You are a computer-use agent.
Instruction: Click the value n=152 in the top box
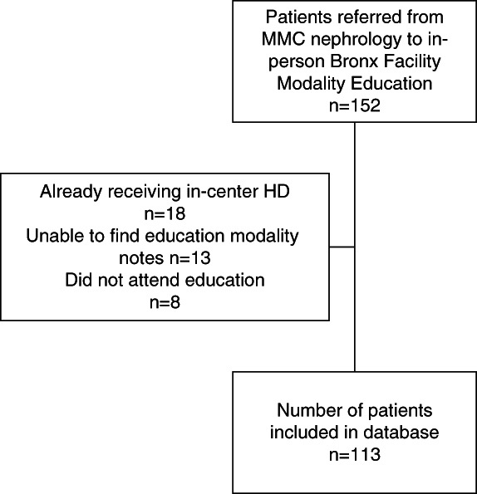[x=355, y=105]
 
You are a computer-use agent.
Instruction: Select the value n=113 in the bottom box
[x=355, y=455]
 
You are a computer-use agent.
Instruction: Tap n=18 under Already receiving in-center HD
[x=165, y=213]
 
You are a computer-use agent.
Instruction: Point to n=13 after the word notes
[x=190, y=258]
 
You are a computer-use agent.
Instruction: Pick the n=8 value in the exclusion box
[x=165, y=302]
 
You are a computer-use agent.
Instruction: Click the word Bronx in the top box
[x=354, y=61]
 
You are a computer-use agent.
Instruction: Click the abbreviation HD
[x=278, y=191]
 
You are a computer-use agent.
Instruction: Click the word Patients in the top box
[x=298, y=17]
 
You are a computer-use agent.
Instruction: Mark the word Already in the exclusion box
[x=71, y=193]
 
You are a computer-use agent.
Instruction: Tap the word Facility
[x=412, y=62]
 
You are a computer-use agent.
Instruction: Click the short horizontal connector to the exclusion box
[x=342, y=247]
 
